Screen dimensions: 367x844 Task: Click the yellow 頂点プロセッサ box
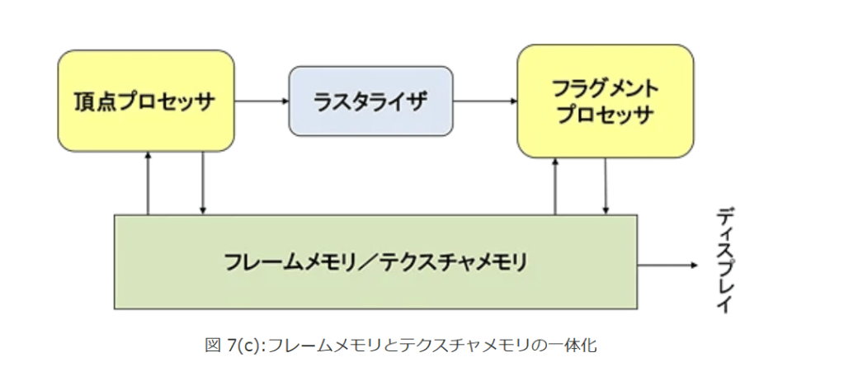coord(146,101)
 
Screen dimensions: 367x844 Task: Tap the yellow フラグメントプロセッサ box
coord(604,101)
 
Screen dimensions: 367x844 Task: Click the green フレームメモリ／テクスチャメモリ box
coord(375,261)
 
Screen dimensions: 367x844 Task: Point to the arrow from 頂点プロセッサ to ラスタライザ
coord(261,101)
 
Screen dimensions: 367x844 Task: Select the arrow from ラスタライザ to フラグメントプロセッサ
coord(485,101)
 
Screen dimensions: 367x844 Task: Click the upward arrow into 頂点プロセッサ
coord(148,183)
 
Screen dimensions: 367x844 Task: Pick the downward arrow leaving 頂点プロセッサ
coord(203,183)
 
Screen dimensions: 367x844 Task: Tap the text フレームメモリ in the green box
coord(285,262)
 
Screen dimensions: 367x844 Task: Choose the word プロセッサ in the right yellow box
coord(605,115)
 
